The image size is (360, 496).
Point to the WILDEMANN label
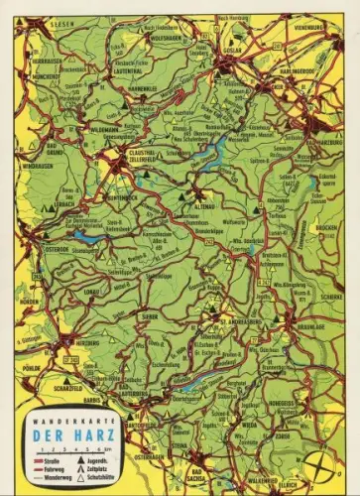(105, 128)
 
